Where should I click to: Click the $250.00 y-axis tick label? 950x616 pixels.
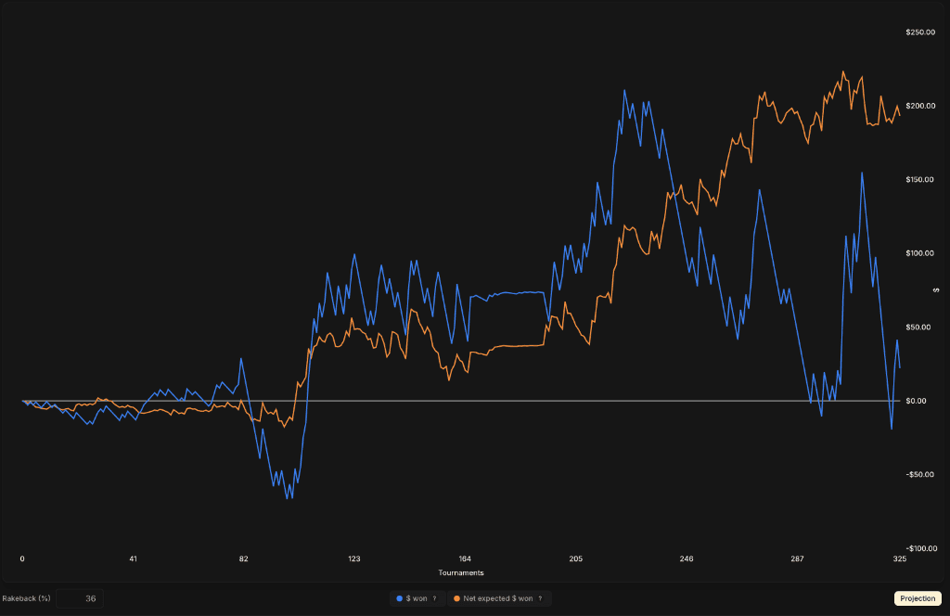click(x=919, y=32)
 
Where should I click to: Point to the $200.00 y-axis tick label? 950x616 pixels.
click(x=919, y=106)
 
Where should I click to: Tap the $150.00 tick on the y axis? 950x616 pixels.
click(x=919, y=179)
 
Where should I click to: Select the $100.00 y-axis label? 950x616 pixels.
click(x=919, y=253)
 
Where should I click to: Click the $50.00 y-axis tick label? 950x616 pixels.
click(x=921, y=327)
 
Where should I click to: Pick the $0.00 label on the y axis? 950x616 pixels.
click(x=922, y=401)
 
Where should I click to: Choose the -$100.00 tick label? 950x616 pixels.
click(x=918, y=548)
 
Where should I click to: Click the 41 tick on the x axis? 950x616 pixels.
click(x=134, y=559)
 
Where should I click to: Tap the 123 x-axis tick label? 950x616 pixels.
click(x=354, y=559)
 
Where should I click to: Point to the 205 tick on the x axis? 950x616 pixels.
click(x=575, y=559)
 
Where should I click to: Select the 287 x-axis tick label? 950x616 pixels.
click(x=797, y=559)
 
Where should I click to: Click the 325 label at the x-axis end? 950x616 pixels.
click(x=899, y=559)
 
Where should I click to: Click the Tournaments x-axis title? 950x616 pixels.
click(x=461, y=572)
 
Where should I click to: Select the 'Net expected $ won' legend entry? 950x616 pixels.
click(x=498, y=598)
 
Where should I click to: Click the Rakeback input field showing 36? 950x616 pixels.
click(x=80, y=598)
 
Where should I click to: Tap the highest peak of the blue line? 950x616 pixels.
click(x=624, y=90)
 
